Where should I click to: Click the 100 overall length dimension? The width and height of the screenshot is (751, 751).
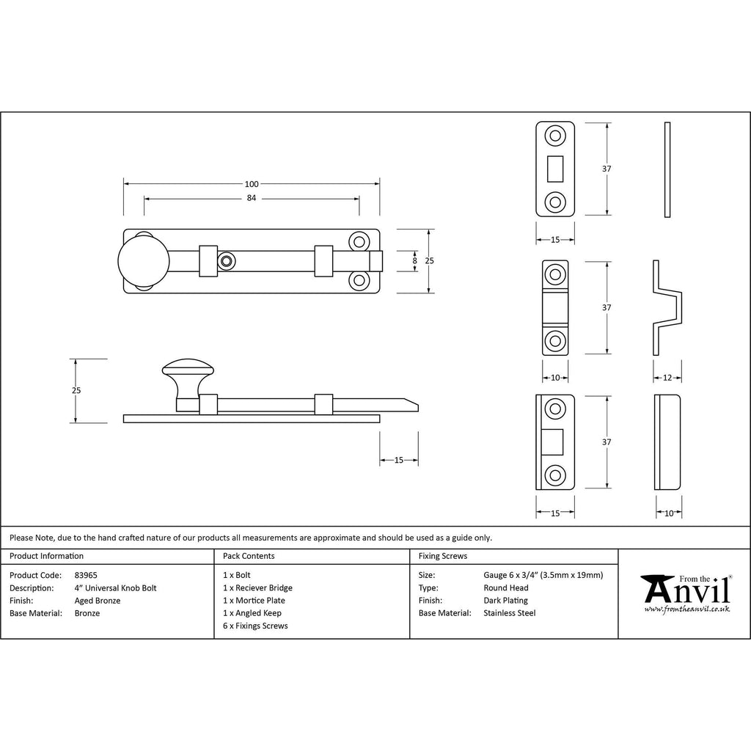[x=252, y=184]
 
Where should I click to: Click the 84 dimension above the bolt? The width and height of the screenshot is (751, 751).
[x=252, y=198]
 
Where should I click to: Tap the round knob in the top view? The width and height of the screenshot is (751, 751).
[x=144, y=261]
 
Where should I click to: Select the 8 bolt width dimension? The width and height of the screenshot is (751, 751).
[x=415, y=261]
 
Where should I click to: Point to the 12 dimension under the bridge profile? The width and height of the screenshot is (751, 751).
[x=667, y=378]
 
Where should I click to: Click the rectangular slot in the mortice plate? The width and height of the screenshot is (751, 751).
[x=555, y=169]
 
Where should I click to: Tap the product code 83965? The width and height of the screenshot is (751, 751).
[x=86, y=575]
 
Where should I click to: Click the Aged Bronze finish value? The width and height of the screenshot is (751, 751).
[x=98, y=601]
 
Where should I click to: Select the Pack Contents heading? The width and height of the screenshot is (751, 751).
[x=249, y=556]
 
